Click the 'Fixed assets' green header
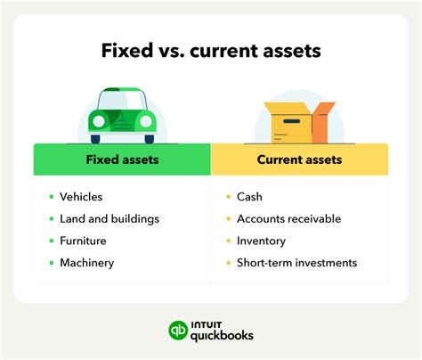pos(122,160)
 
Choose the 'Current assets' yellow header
pos(299,160)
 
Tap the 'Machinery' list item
pos(87,263)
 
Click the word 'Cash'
pos(250,196)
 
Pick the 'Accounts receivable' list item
pos(288,218)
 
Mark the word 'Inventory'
pos(261,241)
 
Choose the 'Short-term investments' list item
pos(296,263)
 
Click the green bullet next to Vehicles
pos(51,196)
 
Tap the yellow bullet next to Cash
pos(228,196)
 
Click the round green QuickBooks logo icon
pos(178,331)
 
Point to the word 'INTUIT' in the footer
pos(206,323)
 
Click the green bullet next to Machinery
pos(51,263)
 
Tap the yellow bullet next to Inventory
pos(228,241)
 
